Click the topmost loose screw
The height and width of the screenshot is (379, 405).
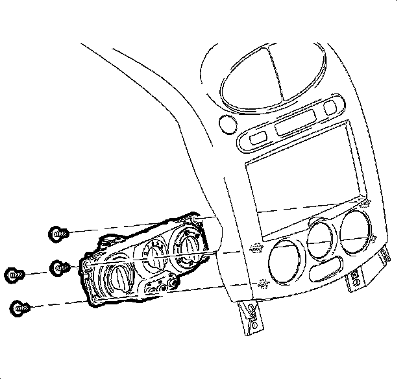(58, 232)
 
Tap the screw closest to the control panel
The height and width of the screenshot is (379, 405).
(59, 266)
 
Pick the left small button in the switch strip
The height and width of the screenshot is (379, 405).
(255, 137)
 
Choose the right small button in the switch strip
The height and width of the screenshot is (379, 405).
(333, 106)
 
